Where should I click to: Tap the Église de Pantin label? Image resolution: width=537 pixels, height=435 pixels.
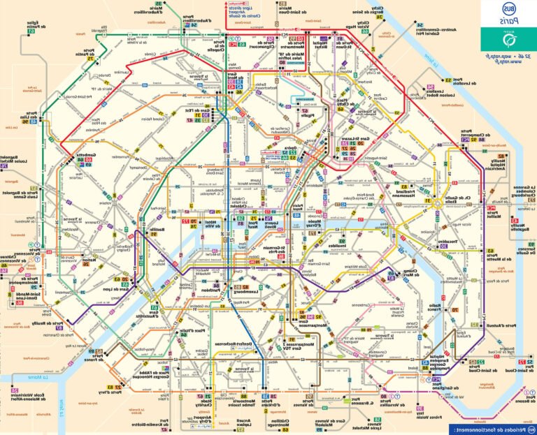32,27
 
